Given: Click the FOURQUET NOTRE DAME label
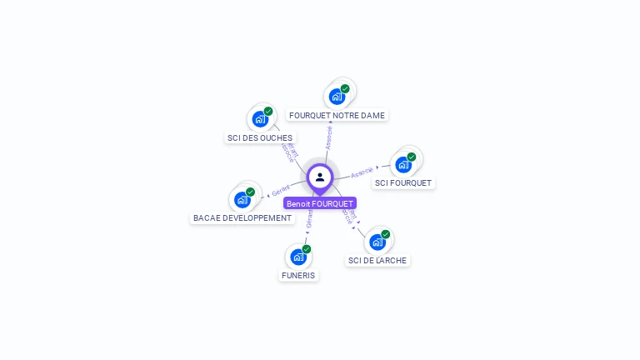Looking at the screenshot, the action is (337, 116).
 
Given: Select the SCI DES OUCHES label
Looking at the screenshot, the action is (259, 137).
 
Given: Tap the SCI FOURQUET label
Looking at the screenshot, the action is (403, 182).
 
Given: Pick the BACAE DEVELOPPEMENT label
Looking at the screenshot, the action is (242, 218).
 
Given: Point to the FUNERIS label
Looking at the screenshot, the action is (298, 275).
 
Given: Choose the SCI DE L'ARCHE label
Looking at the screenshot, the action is (377, 260).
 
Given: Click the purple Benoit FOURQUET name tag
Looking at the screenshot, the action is (320, 203).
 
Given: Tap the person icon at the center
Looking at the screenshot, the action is (320, 177).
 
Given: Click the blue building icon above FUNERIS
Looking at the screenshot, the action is (297, 257).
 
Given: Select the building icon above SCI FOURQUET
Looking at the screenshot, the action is (403, 164).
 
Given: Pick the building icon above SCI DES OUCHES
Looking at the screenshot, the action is (259, 119).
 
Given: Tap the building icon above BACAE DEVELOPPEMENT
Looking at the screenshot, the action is (242, 200).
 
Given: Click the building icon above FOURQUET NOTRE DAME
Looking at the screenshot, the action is (336, 97).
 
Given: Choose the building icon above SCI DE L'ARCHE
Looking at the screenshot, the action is (377, 242).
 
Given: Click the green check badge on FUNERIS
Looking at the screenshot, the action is (307, 249).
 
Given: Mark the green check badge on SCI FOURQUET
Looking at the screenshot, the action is (412, 157).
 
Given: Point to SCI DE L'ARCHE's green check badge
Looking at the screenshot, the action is (386, 234).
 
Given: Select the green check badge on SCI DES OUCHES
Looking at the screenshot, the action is (268, 111).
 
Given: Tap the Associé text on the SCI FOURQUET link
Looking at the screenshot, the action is (362, 172).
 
